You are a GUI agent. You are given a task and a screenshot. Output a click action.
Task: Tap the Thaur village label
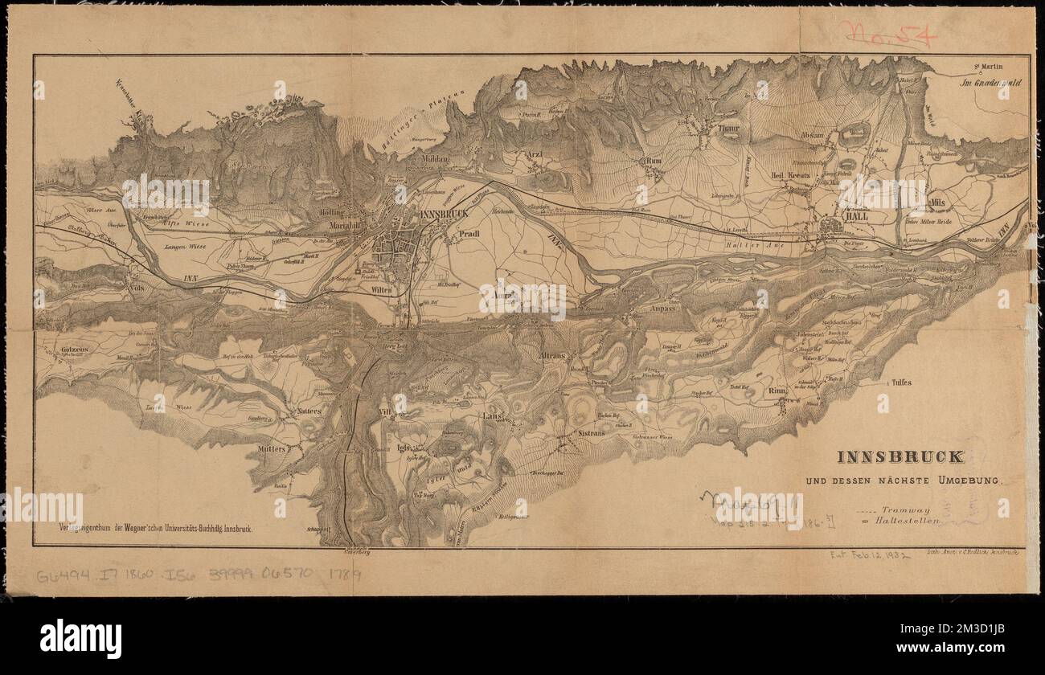coord(728,127)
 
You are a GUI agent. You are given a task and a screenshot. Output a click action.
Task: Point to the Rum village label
coord(654,161)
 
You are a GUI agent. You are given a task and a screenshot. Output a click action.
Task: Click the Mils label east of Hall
coord(935,202)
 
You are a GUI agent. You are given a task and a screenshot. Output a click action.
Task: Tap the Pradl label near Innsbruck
coord(469,235)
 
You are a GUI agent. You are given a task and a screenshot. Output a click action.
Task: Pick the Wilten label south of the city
coord(382,289)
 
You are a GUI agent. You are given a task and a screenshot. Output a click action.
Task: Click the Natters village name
coord(308,411)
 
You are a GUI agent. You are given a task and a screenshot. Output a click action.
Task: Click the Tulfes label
coord(901,383)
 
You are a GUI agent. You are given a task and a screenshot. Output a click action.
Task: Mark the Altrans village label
coord(554,354)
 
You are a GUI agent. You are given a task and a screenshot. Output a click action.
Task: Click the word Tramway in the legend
coord(906,509)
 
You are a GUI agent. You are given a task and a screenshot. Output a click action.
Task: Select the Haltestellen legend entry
coord(910,521)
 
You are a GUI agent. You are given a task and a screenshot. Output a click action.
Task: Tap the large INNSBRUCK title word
coord(900,456)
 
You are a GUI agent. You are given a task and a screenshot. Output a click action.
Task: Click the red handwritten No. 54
coord(887,36)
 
